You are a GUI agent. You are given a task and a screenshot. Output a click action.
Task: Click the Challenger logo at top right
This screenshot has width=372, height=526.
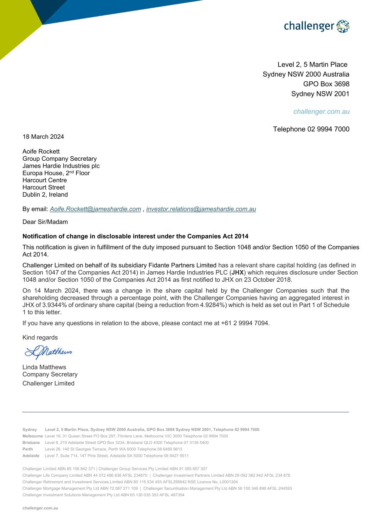point(316,26)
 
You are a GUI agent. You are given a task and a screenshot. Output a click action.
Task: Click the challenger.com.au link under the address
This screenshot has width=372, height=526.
point(321,111)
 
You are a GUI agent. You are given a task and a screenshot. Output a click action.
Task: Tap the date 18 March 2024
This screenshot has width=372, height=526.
point(43,137)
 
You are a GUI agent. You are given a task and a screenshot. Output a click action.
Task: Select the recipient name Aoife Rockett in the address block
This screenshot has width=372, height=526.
point(41,151)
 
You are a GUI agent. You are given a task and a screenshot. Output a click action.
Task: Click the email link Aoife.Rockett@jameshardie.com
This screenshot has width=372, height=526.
point(95,209)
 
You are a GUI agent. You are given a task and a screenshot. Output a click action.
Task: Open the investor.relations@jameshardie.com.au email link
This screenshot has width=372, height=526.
point(201,209)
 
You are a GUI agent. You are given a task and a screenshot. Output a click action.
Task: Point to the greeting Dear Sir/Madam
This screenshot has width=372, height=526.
point(45,222)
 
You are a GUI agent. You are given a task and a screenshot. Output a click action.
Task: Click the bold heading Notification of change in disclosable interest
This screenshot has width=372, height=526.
point(135,236)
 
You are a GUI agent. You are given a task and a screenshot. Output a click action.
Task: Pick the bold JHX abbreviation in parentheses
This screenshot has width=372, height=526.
point(237,272)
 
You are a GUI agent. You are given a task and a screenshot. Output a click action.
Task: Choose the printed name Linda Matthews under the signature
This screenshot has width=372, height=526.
point(44,367)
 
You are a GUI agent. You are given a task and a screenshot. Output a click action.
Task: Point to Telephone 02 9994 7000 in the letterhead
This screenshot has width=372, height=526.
point(311,129)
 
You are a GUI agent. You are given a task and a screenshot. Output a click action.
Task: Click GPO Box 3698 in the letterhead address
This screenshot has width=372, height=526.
point(326,84)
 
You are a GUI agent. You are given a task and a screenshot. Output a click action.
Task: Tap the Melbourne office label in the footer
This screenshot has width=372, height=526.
point(32,436)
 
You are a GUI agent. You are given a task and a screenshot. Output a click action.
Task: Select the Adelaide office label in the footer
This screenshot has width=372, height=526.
point(31,456)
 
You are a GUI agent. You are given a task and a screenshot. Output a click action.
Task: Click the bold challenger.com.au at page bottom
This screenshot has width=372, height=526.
point(40,508)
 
